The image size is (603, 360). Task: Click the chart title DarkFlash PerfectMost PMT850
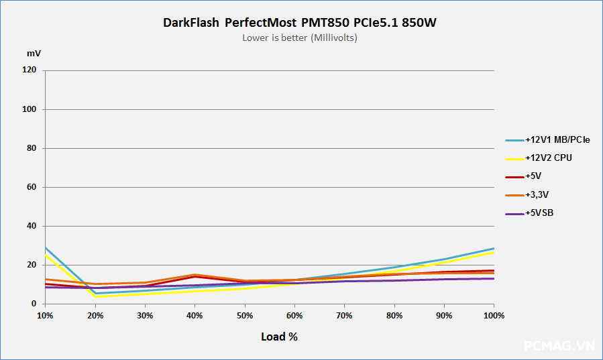[x=301, y=23]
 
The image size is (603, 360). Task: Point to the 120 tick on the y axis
[x=29, y=70]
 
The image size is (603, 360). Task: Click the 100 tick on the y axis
[x=29, y=109]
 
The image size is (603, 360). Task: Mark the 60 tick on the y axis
[x=31, y=187]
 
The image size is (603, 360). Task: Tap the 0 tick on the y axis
[x=34, y=304]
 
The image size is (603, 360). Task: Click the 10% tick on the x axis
[x=45, y=315]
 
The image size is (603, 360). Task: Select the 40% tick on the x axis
[x=195, y=315]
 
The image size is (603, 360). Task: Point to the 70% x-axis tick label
[x=344, y=315]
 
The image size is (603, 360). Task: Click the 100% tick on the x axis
[x=494, y=315]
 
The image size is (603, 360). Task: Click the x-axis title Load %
[x=279, y=337]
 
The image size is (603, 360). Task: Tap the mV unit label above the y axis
[x=34, y=52]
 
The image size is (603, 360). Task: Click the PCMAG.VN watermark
[x=559, y=346]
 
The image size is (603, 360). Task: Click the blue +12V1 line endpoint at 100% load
[x=494, y=249]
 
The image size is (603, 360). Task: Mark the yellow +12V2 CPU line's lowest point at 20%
[x=95, y=296]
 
